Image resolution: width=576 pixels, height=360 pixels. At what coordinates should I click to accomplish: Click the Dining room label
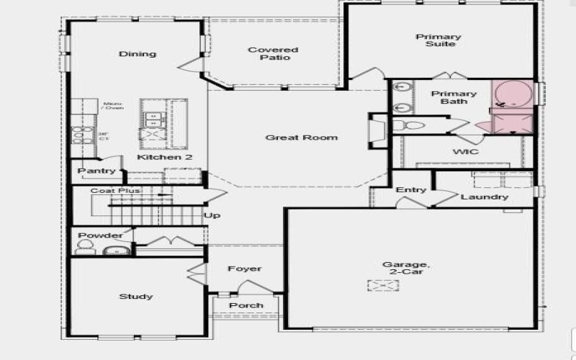click(x=138, y=54)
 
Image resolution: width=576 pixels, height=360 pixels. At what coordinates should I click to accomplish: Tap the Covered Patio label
click(x=273, y=54)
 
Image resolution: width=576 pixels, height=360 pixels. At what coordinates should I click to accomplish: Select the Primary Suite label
click(x=438, y=42)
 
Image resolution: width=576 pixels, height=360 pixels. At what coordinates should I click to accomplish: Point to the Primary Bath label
click(x=454, y=98)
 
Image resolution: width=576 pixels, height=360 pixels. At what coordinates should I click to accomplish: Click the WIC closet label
click(x=466, y=152)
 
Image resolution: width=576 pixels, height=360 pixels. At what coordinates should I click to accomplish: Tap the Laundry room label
click(x=485, y=197)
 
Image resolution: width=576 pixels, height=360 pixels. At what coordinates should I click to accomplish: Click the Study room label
click(x=136, y=297)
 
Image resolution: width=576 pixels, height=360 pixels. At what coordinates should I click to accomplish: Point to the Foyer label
click(x=245, y=269)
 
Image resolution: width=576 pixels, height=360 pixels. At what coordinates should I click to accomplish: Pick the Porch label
click(x=246, y=305)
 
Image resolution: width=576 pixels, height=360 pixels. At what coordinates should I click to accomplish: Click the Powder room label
click(x=100, y=235)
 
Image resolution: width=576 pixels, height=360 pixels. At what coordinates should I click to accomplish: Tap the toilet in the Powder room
click(x=84, y=248)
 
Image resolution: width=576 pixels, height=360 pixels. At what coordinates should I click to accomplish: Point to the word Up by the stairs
click(x=212, y=216)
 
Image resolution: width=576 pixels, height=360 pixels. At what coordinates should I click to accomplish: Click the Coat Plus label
click(x=115, y=191)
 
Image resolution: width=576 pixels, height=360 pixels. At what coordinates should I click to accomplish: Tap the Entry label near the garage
click(x=411, y=190)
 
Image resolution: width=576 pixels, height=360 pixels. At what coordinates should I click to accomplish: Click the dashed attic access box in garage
click(x=383, y=286)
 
